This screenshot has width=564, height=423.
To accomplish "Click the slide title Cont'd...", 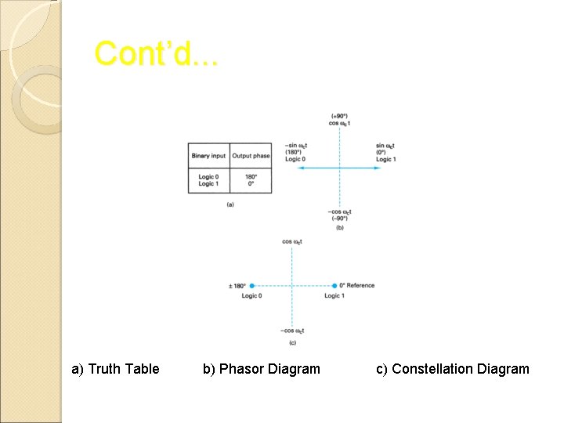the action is click(156, 54).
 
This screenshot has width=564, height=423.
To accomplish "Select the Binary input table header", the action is click(208, 156).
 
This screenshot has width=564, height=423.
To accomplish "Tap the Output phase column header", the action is click(251, 156).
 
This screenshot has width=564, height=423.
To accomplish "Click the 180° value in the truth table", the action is click(251, 176).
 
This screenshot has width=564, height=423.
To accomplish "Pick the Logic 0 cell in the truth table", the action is click(208, 176).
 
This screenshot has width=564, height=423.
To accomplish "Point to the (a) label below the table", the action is click(230, 204).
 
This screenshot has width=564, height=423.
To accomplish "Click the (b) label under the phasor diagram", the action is click(339, 228).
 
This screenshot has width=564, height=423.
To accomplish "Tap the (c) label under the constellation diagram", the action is click(291, 343).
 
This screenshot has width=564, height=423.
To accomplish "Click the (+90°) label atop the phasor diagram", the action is click(339, 116).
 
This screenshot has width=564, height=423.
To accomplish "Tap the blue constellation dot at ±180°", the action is click(251, 286).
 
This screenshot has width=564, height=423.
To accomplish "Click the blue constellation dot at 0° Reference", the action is click(334, 286).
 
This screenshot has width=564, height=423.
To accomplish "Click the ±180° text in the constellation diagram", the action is click(237, 286).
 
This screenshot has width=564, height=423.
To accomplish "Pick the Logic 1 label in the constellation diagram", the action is click(334, 296).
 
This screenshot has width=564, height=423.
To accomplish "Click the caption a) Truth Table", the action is click(115, 368).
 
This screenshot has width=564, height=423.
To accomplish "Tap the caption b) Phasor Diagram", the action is click(261, 368).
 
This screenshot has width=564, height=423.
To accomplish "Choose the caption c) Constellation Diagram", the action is click(452, 368).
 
